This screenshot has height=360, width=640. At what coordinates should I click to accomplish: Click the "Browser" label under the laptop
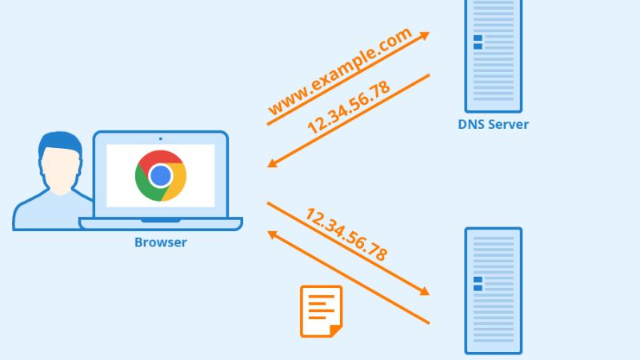160,242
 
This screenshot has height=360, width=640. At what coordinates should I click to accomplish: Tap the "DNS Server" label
493,124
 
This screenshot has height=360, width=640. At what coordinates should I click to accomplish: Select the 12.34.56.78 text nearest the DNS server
349,106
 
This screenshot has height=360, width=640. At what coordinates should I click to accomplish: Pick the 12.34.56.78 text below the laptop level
346,234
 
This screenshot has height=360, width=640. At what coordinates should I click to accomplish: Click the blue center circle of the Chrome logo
161,175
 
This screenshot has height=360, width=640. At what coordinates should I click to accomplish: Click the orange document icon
320,310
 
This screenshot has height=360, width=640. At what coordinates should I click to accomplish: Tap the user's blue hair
61,144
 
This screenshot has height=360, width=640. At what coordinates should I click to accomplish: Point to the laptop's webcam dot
160,138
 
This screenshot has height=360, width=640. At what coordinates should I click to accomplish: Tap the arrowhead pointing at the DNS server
424,35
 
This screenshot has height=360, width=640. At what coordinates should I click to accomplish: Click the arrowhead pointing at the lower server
424,291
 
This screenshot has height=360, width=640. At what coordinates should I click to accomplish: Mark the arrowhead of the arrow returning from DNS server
272,164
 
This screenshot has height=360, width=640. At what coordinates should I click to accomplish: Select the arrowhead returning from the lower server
272,234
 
